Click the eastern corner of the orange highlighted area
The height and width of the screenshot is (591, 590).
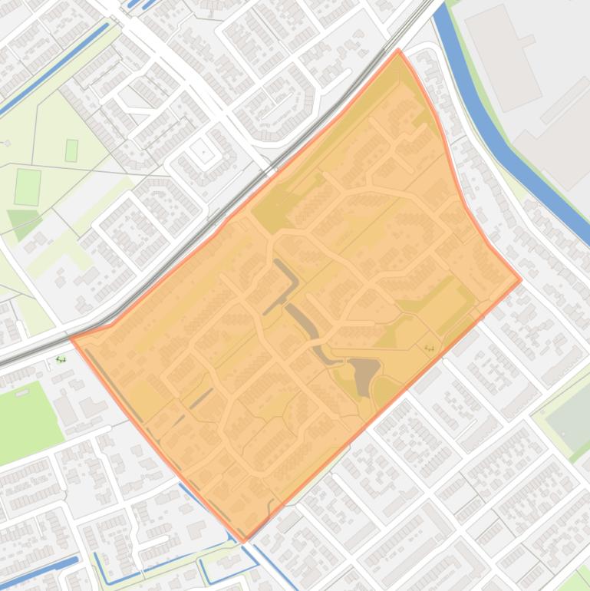[x=521, y=279]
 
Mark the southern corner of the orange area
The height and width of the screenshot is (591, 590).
[x=244, y=541]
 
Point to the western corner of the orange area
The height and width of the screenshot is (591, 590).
[x=71, y=338]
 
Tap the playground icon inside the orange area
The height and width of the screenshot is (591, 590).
[x=429, y=348]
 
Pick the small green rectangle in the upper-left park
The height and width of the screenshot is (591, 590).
[x=71, y=150]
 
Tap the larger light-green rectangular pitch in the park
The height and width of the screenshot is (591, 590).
[x=28, y=187]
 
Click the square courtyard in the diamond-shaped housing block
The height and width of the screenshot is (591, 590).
[x=203, y=152]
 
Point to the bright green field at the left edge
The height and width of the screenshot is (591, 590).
[x=27, y=414]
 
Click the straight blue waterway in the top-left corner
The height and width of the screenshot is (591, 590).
[x=54, y=69]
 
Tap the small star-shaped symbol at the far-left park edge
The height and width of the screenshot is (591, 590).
[x=8, y=143]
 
